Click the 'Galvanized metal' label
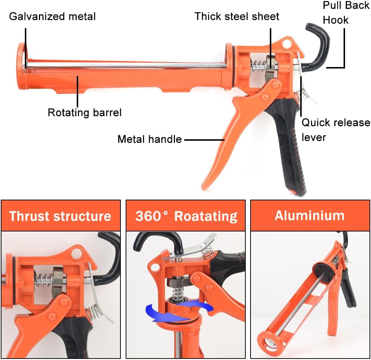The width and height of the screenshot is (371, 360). (x=52, y=16)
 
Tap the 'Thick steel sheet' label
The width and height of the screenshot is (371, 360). (x=237, y=16)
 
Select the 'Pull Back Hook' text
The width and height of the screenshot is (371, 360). (x=346, y=13)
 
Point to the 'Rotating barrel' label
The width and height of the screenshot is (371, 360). (x=85, y=112)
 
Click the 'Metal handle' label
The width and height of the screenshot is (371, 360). (x=149, y=139)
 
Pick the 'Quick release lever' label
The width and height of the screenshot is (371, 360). (x=335, y=130)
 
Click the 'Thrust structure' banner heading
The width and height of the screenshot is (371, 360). (x=60, y=216)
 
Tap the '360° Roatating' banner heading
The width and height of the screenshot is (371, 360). (x=186, y=216)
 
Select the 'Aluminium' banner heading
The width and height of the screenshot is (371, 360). (x=309, y=215)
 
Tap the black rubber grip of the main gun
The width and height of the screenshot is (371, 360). (x=291, y=148)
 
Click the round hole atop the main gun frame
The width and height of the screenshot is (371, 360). (x=285, y=44)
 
